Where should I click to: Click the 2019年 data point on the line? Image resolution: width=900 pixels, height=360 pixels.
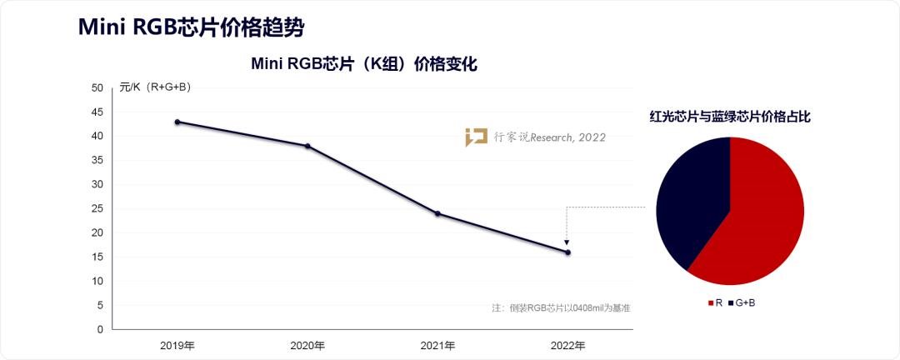coord(177,122)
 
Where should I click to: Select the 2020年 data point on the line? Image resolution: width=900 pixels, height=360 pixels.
coord(307,146)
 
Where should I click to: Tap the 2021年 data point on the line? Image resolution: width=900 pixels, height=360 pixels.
coord(437,213)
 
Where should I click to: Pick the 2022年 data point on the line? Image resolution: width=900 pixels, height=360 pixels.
coord(567,252)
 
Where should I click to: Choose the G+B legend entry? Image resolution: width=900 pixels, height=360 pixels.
coord(741,302)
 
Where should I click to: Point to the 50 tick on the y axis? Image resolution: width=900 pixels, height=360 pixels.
coord(97,87)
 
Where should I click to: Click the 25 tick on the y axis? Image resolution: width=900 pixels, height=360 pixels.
coord(97,208)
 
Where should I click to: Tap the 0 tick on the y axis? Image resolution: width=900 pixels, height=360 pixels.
coord(100,329)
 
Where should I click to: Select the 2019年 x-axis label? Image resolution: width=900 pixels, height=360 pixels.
coord(177,345)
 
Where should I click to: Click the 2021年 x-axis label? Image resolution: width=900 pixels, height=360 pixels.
coord(437,345)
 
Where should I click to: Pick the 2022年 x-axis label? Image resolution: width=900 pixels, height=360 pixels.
coord(567,345)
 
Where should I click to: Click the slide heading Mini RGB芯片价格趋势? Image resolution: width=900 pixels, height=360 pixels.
coord(191,27)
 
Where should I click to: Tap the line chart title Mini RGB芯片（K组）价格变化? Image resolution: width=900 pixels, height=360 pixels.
coord(364,64)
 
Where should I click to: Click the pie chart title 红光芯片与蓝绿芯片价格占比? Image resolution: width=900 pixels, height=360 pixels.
coord(730,117)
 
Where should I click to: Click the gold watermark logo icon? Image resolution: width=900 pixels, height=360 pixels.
coord(476,137)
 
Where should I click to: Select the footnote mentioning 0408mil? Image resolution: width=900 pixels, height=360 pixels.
coord(560,308)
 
